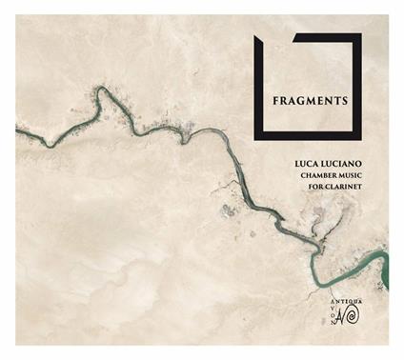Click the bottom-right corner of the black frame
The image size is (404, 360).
tap(358, 139)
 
